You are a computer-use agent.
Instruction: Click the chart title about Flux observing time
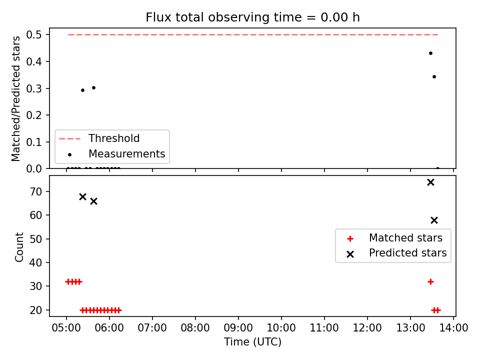coord(252,17)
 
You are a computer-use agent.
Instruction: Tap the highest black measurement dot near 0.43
coord(430,53)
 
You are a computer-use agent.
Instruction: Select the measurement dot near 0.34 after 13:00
coord(434,77)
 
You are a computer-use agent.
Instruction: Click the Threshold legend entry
coord(99,138)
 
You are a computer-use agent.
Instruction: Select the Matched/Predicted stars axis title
coord(15,98)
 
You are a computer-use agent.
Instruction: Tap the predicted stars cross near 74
coord(430,182)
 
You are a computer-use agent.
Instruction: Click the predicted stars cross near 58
coord(434,220)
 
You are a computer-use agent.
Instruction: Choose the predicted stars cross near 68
coord(82,196)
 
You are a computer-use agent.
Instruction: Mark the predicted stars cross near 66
coord(93,201)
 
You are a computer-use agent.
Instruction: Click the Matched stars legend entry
coord(394,238)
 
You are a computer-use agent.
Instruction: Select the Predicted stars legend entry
coord(396,253)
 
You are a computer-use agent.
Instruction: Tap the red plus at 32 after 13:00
coord(430,281)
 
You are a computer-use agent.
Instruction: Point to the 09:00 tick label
coord(238,328)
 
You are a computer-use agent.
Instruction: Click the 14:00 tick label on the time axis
coord(453,328)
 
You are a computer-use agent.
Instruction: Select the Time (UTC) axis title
coord(252,342)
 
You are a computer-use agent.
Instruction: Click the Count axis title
coord(19,246)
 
